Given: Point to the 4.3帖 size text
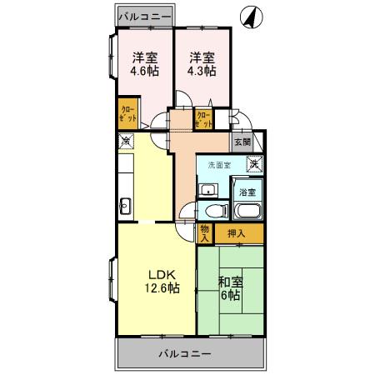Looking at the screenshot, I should (202, 72).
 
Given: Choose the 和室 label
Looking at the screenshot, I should (230, 281).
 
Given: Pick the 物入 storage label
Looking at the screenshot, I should (205, 232).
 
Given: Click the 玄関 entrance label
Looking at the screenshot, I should (242, 142).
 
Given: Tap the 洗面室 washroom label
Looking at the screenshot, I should (218, 165).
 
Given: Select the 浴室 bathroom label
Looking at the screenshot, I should (247, 192).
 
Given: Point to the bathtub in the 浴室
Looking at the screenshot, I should (247, 208).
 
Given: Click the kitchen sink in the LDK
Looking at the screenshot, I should (125, 205).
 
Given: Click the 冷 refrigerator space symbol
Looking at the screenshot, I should (124, 142).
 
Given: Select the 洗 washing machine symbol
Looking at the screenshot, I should (257, 162).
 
